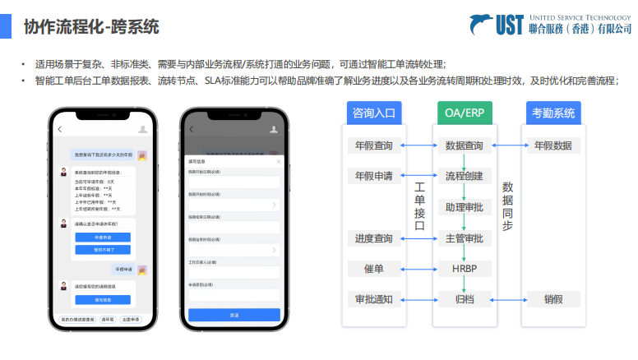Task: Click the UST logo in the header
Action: coord(492,25)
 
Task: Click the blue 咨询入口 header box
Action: coord(374,113)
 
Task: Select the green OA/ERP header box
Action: coord(464,113)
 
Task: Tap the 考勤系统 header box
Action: coord(553,113)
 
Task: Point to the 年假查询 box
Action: coord(373,145)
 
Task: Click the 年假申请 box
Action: coord(373,176)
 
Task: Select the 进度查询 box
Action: coord(373,238)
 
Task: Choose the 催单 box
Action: coord(373,269)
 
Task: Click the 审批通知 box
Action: coord(373,299)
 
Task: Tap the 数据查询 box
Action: coord(464,145)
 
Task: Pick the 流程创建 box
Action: coord(464,176)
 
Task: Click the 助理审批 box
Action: coord(464,207)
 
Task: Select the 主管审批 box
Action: coord(464,238)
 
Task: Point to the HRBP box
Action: coord(464,269)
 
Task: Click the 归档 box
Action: coord(464,299)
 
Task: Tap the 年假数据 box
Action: coord(552,145)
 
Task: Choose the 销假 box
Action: coord(552,299)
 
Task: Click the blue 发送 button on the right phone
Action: coord(234,315)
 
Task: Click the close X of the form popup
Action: coord(278,161)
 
